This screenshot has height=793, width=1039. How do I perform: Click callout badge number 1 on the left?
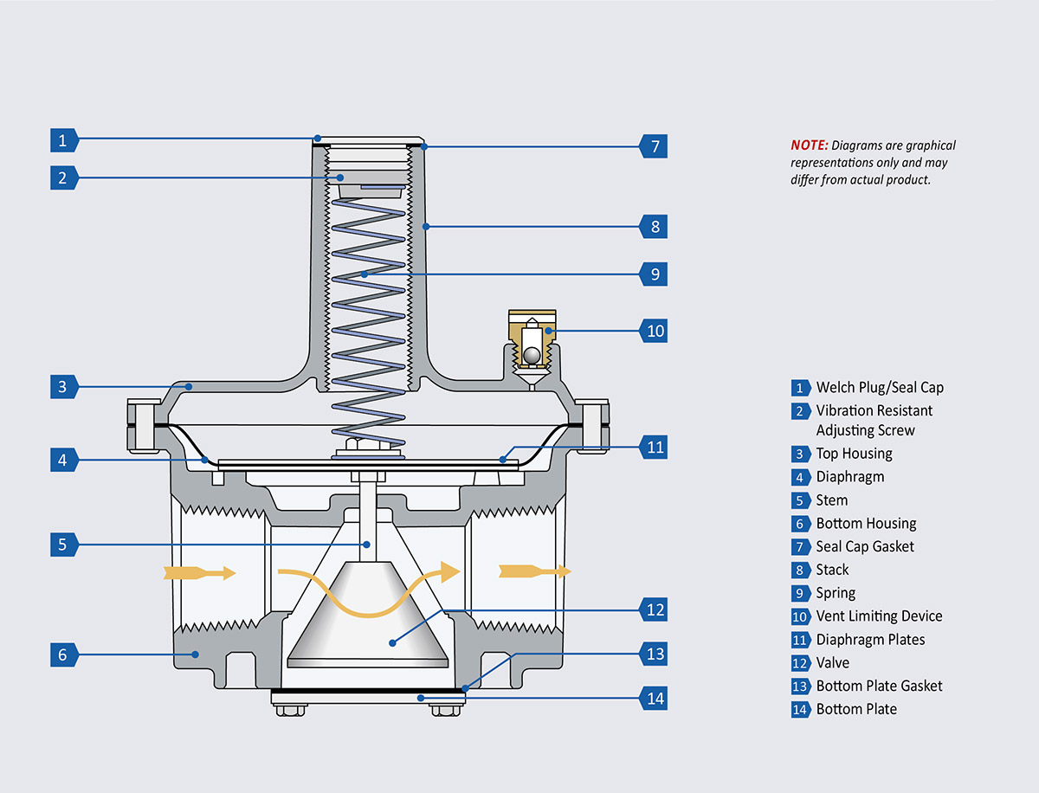tap(62, 139)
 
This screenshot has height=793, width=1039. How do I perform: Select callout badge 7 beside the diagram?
tap(655, 146)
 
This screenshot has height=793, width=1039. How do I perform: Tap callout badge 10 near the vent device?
tap(655, 331)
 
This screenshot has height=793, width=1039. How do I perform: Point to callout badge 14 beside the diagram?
tap(655, 698)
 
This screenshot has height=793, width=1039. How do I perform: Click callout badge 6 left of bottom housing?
tap(62, 655)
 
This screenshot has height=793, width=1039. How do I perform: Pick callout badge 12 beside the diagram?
tap(655, 609)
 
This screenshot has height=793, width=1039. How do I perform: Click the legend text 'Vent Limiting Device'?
tap(879, 616)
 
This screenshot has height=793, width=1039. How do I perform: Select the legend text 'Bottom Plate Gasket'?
tap(879, 686)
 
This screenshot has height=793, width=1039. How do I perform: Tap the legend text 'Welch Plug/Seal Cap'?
tap(880, 387)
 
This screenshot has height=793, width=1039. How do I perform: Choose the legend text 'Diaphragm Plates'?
tap(870, 640)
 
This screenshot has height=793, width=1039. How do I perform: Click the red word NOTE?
tap(809, 145)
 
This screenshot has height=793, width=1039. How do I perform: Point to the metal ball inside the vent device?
tap(531, 353)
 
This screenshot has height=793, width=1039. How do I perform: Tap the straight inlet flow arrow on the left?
tap(198, 572)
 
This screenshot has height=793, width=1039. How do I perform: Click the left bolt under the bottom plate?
tap(290, 711)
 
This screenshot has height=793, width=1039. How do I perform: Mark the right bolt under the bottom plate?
tap(446, 711)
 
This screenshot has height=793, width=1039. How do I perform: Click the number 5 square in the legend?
tap(800, 500)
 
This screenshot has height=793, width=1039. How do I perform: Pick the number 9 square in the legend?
tap(800, 593)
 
